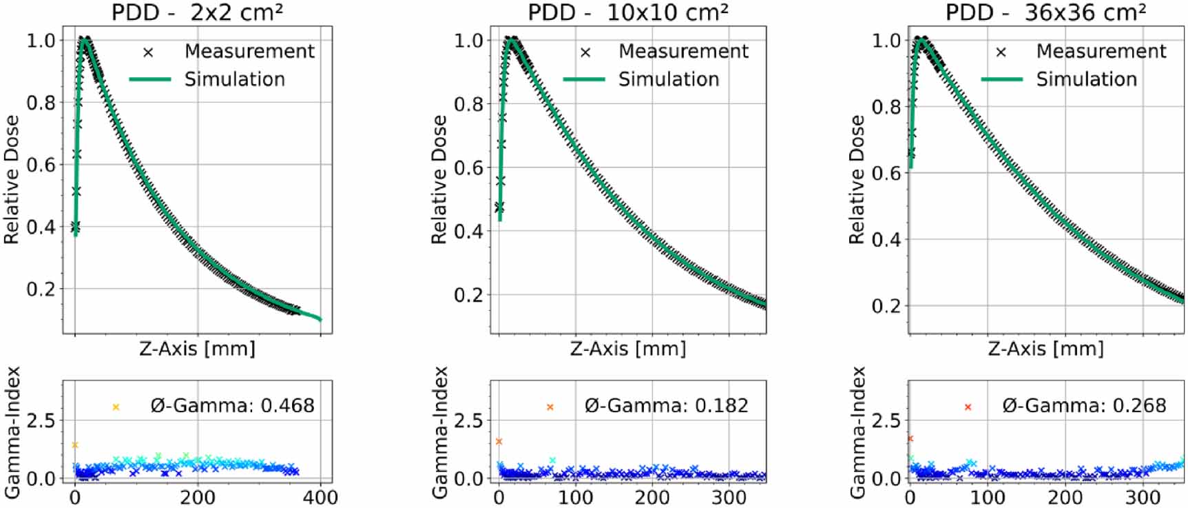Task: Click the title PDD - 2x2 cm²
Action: coord(198,12)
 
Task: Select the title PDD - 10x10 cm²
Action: coord(628,12)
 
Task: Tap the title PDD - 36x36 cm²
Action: coord(1045,12)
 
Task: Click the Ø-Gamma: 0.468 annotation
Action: coord(233,405)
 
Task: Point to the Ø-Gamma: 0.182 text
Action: coord(667,405)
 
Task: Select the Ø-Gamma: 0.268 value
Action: coord(1085,405)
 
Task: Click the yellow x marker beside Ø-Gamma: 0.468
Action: coord(116,407)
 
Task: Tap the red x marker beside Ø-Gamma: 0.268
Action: coord(968,407)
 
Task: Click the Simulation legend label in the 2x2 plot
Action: coord(235,79)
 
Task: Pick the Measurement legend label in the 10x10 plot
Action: coord(683,51)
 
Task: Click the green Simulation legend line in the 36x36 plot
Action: coord(1002,79)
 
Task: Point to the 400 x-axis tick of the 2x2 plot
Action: coord(320,497)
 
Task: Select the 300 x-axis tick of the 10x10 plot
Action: coord(729,497)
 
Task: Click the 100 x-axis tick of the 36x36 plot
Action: coord(988,497)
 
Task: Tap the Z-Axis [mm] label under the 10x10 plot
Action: coord(628,349)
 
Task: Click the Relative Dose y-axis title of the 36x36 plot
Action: coord(856,180)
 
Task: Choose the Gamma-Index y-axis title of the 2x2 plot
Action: coord(12,433)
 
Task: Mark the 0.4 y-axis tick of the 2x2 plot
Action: coord(41,227)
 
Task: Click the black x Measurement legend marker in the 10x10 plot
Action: coord(585,52)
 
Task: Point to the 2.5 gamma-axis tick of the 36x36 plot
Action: coord(886,420)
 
